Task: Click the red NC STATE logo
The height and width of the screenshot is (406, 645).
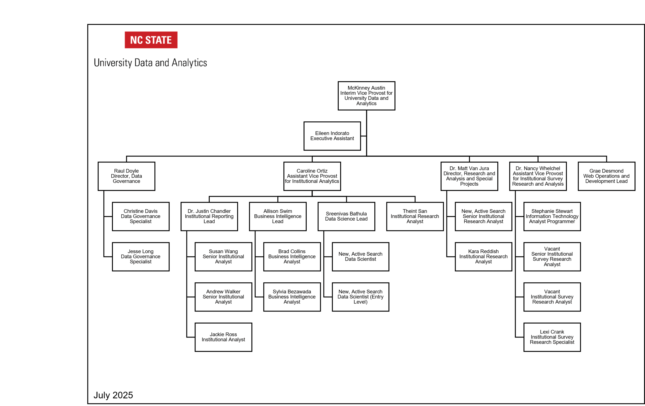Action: click(x=151, y=40)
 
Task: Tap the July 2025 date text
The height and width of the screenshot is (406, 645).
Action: click(x=113, y=395)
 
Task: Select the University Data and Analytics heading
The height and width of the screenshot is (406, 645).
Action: click(x=150, y=63)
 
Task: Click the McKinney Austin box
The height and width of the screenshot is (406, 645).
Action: click(x=366, y=96)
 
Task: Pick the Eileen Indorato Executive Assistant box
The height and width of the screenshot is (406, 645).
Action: click(x=332, y=136)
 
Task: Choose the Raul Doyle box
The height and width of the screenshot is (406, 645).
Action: click(x=126, y=176)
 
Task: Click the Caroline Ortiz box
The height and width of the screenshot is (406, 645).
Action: click(x=312, y=176)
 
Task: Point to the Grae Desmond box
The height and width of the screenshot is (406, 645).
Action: click(x=606, y=176)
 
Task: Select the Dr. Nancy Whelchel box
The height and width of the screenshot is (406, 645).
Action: click(x=538, y=176)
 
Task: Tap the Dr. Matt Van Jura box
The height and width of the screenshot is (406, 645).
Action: click(x=469, y=176)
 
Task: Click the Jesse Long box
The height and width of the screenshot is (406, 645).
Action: click(x=141, y=257)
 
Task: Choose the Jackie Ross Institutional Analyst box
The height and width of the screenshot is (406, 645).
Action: click(x=223, y=337)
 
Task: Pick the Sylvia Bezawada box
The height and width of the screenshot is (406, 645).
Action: click(x=292, y=297)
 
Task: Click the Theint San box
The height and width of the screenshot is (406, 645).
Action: click(x=415, y=216)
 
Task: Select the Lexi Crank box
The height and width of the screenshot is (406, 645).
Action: click(x=552, y=337)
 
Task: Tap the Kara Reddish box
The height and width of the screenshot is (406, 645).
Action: click(x=483, y=257)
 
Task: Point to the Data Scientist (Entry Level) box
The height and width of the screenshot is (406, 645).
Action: click(x=361, y=297)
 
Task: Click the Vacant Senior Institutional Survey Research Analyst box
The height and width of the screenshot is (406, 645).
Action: click(x=552, y=257)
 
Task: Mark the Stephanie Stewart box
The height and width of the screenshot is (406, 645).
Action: click(x=552, y=216)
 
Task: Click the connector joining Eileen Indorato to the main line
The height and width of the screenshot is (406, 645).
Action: click(x=364, y=136)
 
